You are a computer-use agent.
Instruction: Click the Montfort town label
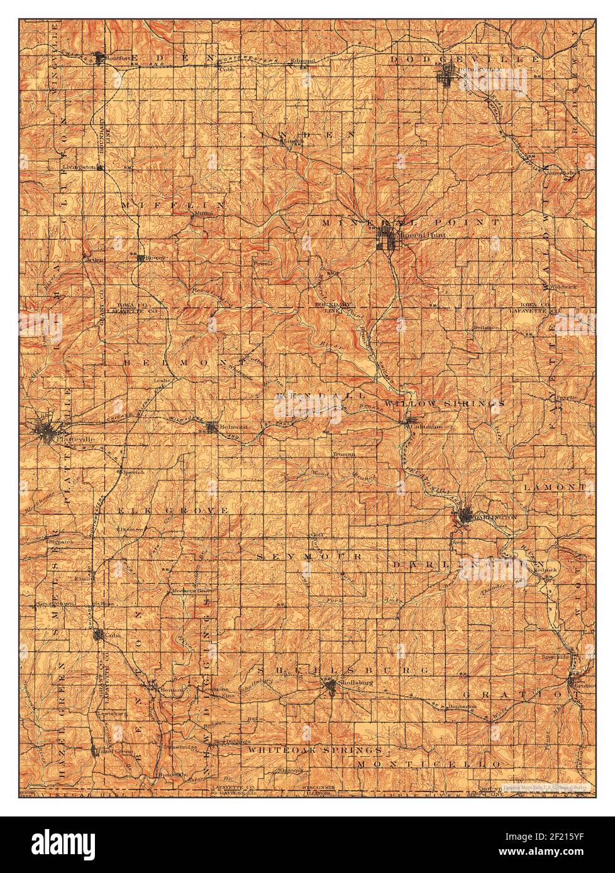tap(117, 58)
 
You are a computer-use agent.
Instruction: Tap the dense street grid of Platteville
tap(47, 431)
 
